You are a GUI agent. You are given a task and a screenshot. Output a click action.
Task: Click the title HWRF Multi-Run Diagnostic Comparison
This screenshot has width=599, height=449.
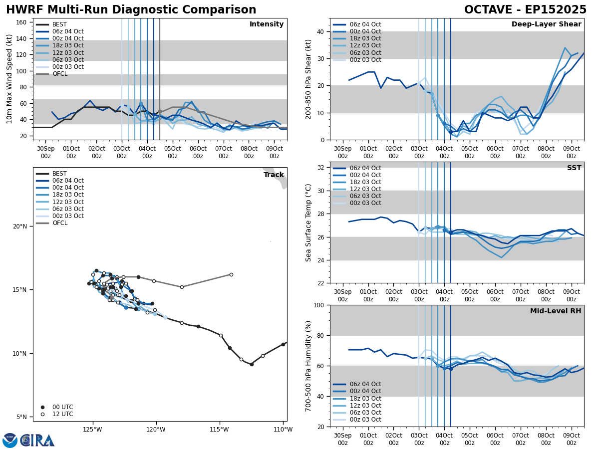[131, 10]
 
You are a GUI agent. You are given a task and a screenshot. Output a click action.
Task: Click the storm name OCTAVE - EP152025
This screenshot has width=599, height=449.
[525, 10]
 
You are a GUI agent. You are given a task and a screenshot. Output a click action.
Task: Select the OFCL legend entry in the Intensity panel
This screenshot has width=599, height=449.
[59, 74]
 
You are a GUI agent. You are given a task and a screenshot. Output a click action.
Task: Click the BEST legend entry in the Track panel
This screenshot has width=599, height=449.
[59, 174]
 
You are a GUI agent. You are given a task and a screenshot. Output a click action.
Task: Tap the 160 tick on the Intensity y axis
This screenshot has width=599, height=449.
[22, 22]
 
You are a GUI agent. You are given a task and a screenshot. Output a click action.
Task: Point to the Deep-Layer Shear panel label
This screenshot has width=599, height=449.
[546, 24]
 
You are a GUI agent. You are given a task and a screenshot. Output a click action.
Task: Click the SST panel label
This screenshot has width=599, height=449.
[574, 168]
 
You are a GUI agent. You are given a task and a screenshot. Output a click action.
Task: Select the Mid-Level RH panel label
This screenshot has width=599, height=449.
[556, 311]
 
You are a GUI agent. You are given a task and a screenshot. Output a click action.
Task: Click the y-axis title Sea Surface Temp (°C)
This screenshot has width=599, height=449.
[309, 223]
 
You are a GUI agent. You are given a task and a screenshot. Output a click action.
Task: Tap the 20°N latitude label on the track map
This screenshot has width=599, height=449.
[20, 226]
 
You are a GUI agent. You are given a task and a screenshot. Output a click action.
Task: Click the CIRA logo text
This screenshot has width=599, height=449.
[37, 441]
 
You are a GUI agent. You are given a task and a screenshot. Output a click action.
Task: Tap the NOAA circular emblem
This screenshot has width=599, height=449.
[9, 441]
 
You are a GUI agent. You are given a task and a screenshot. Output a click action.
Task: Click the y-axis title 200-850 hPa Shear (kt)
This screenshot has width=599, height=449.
[309, 79]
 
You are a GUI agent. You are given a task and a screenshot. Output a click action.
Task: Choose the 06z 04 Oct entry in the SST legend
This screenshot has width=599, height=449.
[366, 168]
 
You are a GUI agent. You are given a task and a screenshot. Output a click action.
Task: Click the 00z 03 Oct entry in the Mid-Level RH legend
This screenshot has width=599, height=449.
[366, 420]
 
